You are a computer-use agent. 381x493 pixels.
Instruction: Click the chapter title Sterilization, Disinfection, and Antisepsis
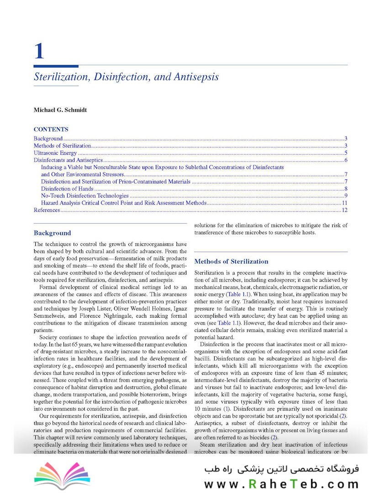pyautogui.click(x=126, y=77)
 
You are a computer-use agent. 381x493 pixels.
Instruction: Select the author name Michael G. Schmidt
pyautogui.click(x=61, y=110)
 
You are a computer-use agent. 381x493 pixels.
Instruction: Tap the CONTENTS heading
pyautogui.click(x=51, y=129)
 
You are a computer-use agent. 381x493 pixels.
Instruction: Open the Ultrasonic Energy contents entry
pyautogui.click(x=55, y=153)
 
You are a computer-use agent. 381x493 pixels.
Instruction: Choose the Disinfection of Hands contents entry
pyautogui.click(x=67, y=189)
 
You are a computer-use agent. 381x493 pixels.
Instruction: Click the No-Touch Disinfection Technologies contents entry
pyautogui.click(x=85, y=196)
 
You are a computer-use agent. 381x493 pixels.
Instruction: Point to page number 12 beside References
pyautogui.click(x=345, y=210)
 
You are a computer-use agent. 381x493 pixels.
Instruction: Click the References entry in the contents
pyautogui.click(x=47, y=210)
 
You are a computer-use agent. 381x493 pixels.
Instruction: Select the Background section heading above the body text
pyautogui.click(x=53, y=233)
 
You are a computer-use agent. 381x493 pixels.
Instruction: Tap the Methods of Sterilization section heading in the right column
pyautogui.click(x=231, y=262)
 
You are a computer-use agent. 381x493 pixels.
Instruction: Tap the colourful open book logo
pyautogui.click(x=57, y=475)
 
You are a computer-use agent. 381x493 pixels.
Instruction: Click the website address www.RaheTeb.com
pyautogui.click(x=281, y=484)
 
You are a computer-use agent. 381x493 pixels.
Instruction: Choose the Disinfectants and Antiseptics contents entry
pyautogui.click(x=68, y=160)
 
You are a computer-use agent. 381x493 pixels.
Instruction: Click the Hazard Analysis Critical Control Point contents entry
pyautogui.click(x=123, y=203)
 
